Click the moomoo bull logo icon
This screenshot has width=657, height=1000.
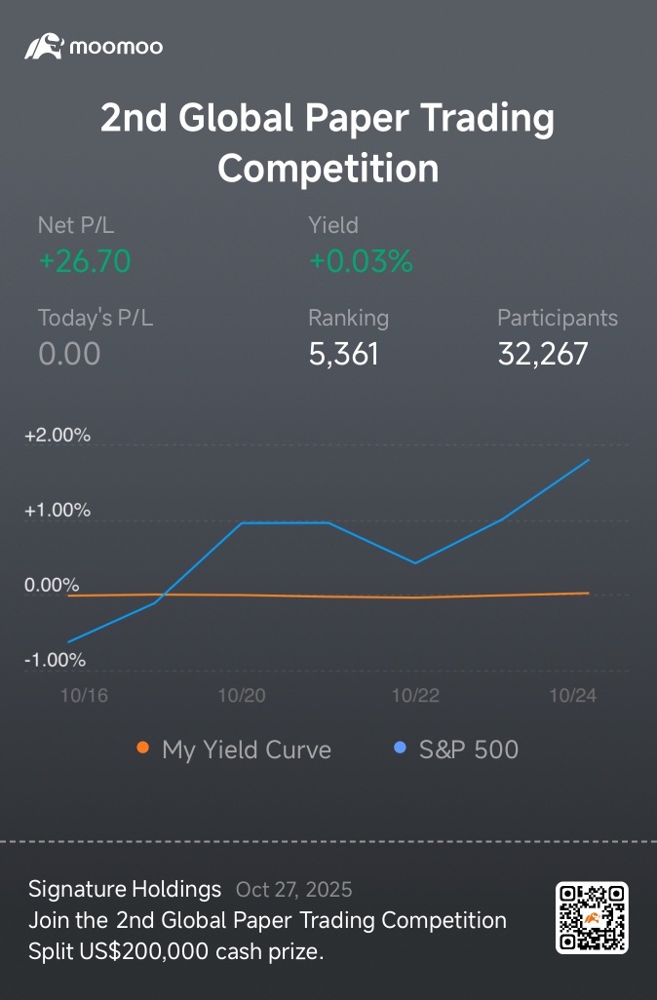(44, 46)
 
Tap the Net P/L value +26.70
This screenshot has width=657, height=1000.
(85, 261)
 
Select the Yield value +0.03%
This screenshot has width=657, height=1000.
(361, 261)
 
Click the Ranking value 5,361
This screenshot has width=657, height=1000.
(343, 354)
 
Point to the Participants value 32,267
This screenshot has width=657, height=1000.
(543, 354)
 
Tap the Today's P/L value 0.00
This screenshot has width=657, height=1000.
(69, 354)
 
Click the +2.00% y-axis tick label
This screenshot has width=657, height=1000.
(58, 436)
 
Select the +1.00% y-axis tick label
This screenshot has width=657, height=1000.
(58, 511)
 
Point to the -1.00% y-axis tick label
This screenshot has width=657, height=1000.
(56, 660)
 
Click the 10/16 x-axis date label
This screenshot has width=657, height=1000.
(84, 695)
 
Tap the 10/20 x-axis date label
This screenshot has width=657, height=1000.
(241, 695)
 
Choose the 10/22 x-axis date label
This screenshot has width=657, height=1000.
(415, 695)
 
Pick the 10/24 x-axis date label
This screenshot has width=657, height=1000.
(572, 695)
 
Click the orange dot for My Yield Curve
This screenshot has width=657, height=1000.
(143, 749)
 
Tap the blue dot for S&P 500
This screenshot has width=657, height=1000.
(399, 749)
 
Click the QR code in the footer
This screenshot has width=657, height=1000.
(592, 917)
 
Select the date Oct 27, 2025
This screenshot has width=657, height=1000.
(293, 889)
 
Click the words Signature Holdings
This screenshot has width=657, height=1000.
(125, 889)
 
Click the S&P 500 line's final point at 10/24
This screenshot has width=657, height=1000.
(588, 460)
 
